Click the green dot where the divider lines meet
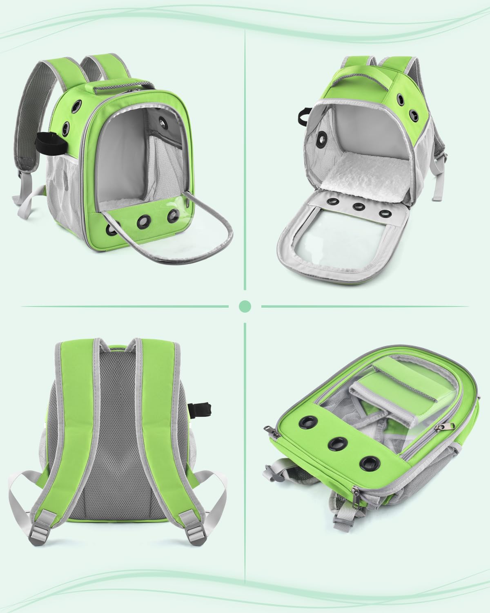[x=245, y=306]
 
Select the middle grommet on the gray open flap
[x=359, y=207]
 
